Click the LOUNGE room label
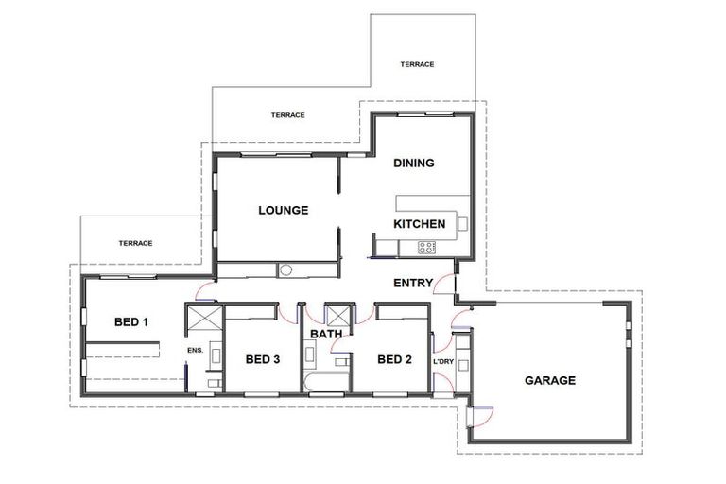pyautogui.click(x=283, y=210)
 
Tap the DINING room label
pyautogui.click(x=413, y=163)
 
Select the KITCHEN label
pyautogui.click(x=419, y=224)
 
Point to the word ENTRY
pyautogui.click(x=413, y=283)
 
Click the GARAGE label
pyautogui.click(x=550, y=380)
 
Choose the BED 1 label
pyautogui.click(x=131, y=321)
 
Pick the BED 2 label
pyautogui.click(x=394, y=359)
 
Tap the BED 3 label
pyautogui.click(x=262, y=359)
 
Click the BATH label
pyautogui.click(x=325, y=334)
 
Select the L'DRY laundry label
pyautogui.click(x=443, y=362)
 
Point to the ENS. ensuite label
pyautogui.click(x=196, y=351)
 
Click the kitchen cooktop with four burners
pyautogui.click(x=427, y=248)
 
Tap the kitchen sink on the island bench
pyautogui.click(x=462, y=224)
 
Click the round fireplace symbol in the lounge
pyautogui.click(x=286, y=270)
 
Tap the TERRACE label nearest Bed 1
pyautogui.click(x=135, y=243)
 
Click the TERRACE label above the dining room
pyautogui.click(x=417, y=64)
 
